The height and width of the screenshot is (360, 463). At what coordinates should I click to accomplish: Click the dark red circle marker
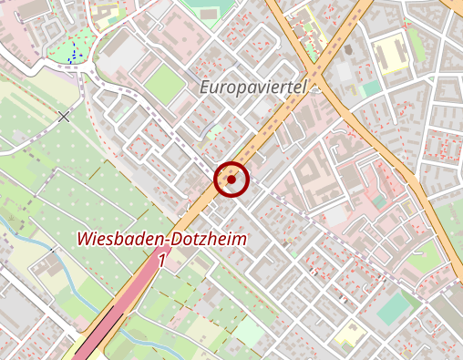click(x=231, y=180)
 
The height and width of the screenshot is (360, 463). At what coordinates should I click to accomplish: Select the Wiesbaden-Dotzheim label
click(x=162, y=240)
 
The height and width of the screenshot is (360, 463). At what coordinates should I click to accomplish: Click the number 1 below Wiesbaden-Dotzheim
click(x=162, y=260)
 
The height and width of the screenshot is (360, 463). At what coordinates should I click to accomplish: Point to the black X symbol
click(x=63, y=116)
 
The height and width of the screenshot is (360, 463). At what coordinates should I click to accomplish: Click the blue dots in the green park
click(x=71, y=56)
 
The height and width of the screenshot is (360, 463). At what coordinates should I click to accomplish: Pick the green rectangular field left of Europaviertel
click(x=164, y=84)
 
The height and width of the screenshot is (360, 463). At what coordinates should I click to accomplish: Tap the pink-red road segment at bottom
click(x=128, y=301)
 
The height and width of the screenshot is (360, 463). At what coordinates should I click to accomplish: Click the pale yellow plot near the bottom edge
click(x=348, y=337)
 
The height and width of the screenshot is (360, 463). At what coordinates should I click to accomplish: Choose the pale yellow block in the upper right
click(x=390, y=56)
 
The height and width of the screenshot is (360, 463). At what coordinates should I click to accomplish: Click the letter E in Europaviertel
click(x=205, y=89)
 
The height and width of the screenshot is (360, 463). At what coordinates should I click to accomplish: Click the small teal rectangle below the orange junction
click(x=369, y=88)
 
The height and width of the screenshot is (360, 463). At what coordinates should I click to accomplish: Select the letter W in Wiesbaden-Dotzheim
click(x=86, y=240)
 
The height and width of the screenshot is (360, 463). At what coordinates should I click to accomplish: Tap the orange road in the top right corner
click(x=454, y=7)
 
